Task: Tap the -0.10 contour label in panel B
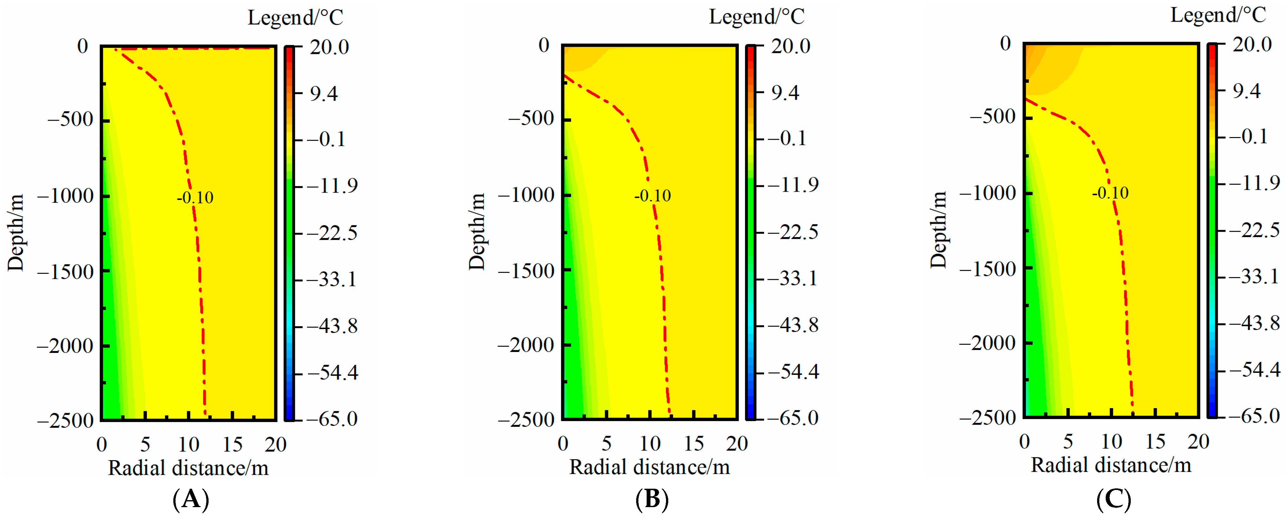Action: click(652, 195)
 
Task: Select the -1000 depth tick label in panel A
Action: click(65, 195)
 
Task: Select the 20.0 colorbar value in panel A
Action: click(329, 47)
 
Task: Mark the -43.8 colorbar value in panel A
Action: click(332, 326)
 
